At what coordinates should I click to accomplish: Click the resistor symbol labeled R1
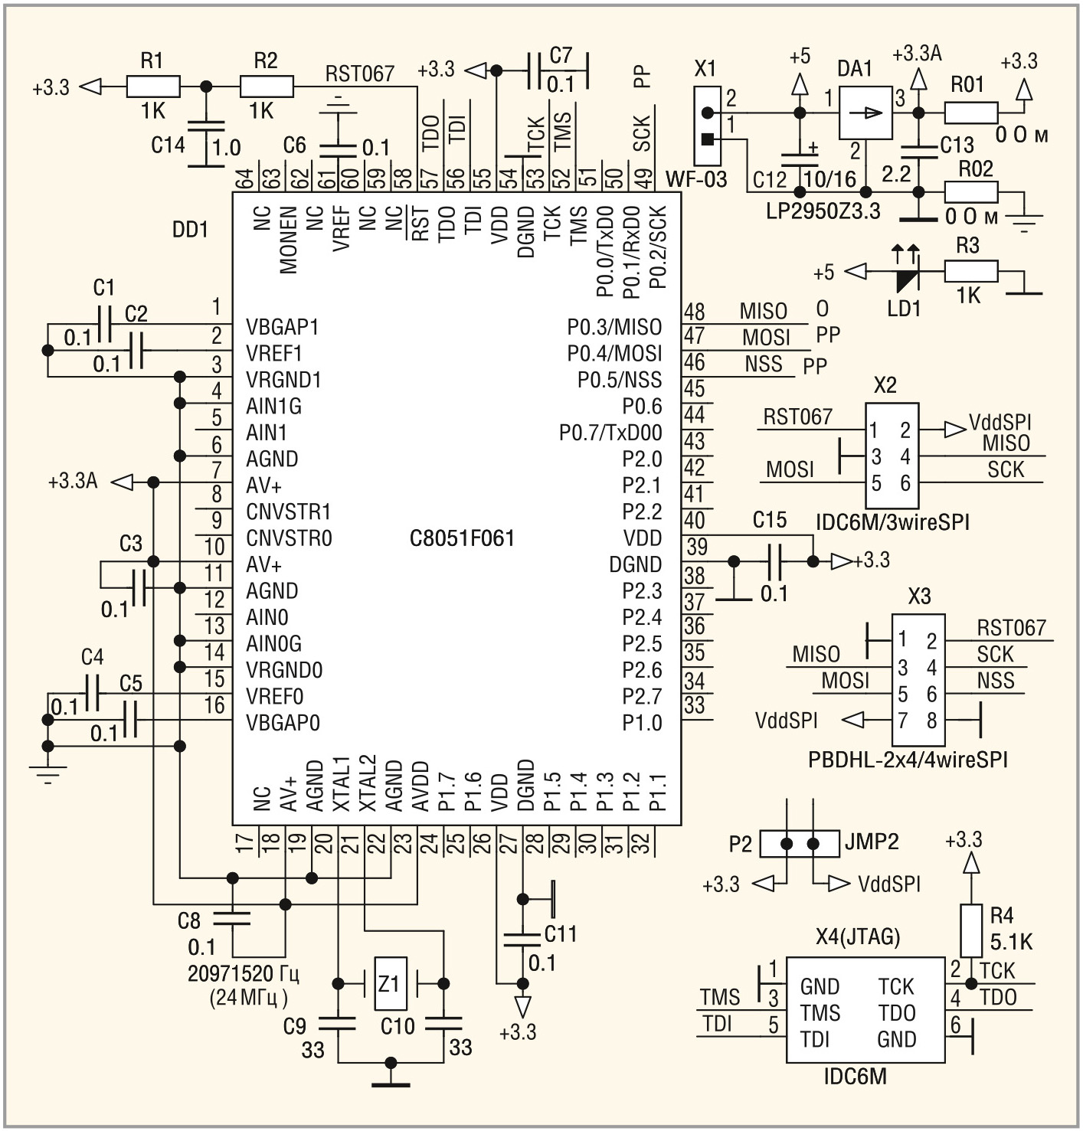point(152,87)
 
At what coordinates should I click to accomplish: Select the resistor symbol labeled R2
point(266,87)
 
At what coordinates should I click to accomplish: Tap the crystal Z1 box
point(390,983)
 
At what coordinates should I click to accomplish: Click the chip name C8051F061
point(462,538)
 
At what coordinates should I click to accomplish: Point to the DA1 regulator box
point(865,113)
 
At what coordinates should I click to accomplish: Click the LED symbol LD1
point(907,272)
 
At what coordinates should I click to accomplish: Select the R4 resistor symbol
point(970,930)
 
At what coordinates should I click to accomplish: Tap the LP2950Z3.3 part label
point(823,211)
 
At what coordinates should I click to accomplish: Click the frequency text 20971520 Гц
point(243,974)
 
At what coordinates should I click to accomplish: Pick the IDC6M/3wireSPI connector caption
point(892,522)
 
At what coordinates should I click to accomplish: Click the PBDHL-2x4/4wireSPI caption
point(908,760)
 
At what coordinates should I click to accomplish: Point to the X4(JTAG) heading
point(857,937)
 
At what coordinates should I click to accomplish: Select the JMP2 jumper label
point(871,842)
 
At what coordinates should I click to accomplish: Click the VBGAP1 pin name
point(282,327)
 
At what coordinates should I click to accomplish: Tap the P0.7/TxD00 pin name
point(610,433)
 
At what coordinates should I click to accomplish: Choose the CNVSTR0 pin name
point(289,538)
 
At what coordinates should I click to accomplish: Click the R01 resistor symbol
point(970,113)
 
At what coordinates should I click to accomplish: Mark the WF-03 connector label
point(696,179)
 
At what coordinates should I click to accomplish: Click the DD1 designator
point(190,229)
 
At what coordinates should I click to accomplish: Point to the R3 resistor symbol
point(970,271)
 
